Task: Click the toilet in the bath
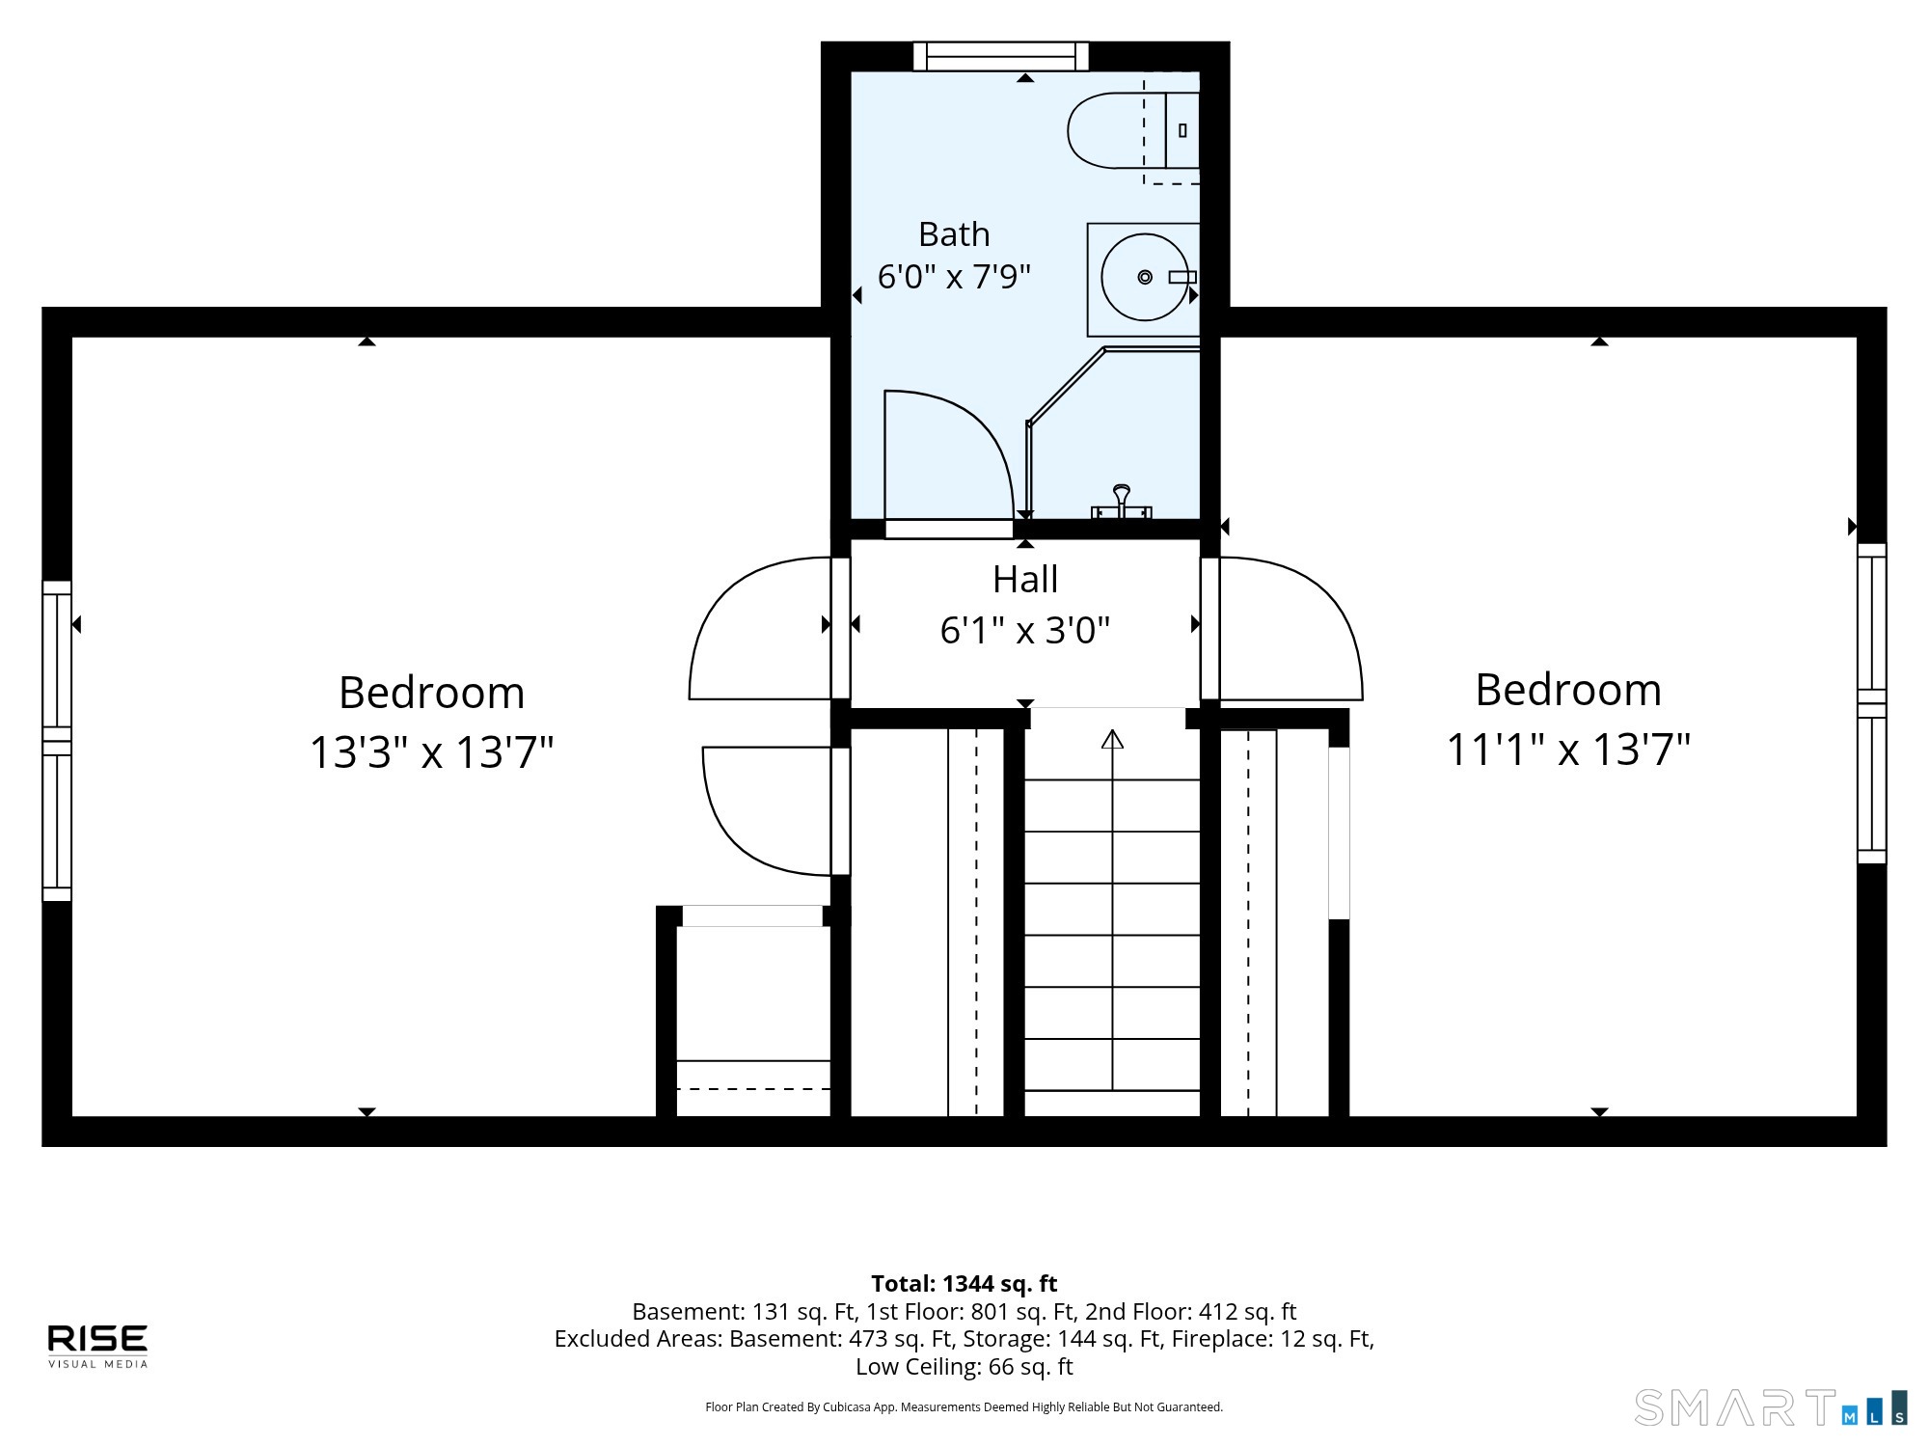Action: pos(1133,130)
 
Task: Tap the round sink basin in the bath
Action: pos(1145,277)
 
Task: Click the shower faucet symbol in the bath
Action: pos(1122,503)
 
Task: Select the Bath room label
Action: pos(954,234)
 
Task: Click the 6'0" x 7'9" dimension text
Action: pos(954,277)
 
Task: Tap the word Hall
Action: pos(1025,580)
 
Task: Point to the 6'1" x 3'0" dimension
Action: pos(1025,631)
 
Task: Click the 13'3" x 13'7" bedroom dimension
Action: pos(431,752)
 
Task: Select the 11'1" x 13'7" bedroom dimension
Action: pos(1568,750)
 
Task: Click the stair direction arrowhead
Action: pos(1113,739)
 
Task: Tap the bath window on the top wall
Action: pos(1001,56)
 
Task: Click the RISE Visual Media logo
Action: pos(98,1346)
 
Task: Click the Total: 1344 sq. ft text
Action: pos(964,1284)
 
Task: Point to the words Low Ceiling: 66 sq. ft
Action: pos(964,1367)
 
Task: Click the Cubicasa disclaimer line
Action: pos(964,1407)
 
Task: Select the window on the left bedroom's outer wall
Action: pos(57,741)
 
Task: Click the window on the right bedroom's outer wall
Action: pos(1872,703)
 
